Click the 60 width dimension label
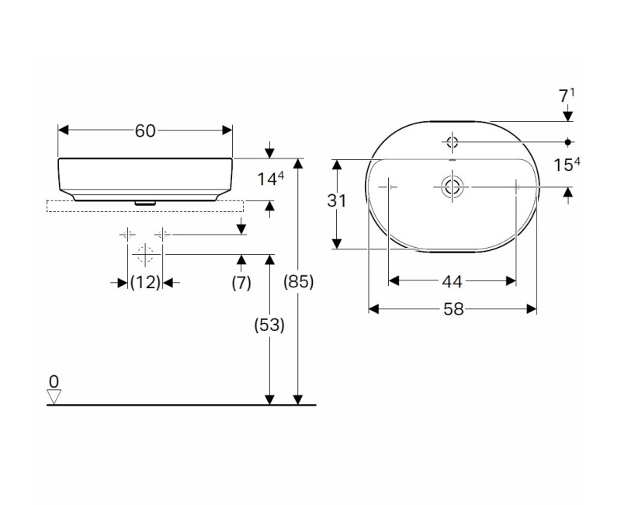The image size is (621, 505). [145, 131]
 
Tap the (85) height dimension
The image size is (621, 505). [299, 282]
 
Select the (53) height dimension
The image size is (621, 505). [269, 325]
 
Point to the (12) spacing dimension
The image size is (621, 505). [145, 283]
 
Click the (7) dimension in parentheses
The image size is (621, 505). [241, 283]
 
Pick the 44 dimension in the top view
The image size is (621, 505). [452, 281]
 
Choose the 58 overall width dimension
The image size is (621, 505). [453, 309]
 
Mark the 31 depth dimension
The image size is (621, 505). [337, 201]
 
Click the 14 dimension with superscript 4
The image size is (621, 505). [271, 179]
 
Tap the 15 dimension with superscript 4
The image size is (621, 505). [567, 165]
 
